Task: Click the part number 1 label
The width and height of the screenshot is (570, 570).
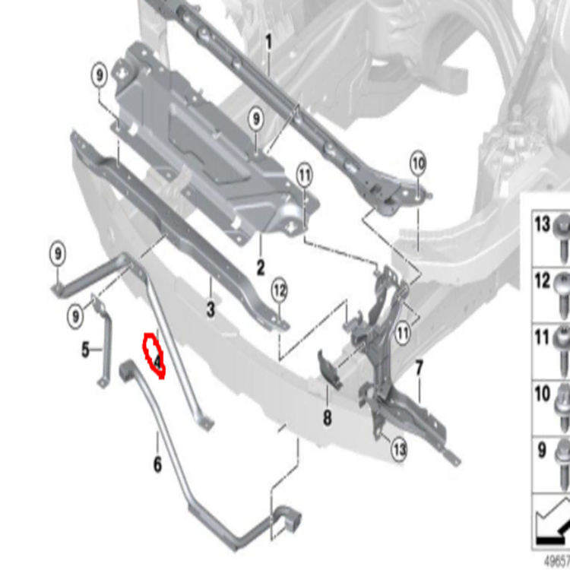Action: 268,42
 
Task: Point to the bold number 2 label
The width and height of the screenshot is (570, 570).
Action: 261,268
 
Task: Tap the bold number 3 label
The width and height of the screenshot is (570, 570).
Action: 211,309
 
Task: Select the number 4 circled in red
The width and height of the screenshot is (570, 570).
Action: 157,362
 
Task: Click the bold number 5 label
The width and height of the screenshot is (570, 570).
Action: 85,350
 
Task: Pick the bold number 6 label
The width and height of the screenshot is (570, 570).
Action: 157,464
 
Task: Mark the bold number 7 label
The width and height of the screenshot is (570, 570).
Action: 419,368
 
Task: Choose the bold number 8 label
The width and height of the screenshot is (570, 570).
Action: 327,418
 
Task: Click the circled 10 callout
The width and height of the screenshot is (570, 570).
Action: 418,163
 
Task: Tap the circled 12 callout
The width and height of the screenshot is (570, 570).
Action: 280,291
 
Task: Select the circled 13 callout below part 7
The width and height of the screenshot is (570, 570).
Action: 399,450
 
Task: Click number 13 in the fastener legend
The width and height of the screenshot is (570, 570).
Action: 543,223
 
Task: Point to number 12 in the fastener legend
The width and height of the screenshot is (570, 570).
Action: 543,280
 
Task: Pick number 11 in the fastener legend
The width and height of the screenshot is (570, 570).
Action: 543,337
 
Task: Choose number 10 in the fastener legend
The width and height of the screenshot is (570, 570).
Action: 543,394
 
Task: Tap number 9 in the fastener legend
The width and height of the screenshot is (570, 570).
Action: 542,451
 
